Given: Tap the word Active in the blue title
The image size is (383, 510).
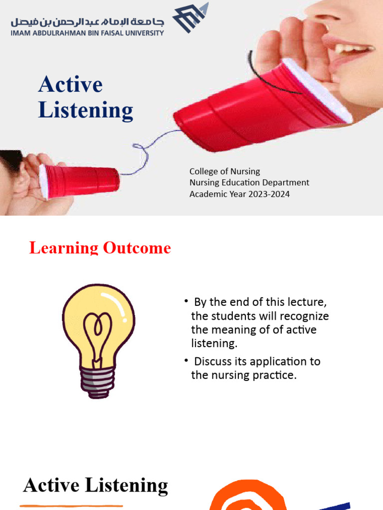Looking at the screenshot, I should coord(70,85).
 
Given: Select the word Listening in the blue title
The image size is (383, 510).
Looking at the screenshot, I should coord(86,111).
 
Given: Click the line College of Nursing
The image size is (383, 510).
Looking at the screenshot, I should coord(224,171).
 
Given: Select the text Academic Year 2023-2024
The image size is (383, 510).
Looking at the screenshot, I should coord(239,194).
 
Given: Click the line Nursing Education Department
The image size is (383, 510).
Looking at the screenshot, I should coord(249,183).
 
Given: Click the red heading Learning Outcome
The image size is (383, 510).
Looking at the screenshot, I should coord(100,248).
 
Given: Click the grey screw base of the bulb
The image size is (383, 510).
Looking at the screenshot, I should coord(98,383).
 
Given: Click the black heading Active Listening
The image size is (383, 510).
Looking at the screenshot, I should coord(96,486).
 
